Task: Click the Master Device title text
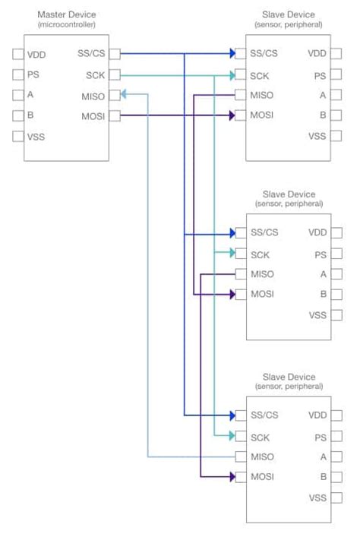point(67,14)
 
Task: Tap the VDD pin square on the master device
point(18,54)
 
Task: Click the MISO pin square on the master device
point(114,95)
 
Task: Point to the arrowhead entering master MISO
point(123,95)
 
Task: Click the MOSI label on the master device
point(93,115)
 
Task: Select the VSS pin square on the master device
point(18,137)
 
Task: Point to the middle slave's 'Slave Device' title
point(289,194)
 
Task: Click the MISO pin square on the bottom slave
point(240,457)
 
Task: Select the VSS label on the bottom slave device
point(317,498)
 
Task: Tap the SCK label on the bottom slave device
point(261,437)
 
